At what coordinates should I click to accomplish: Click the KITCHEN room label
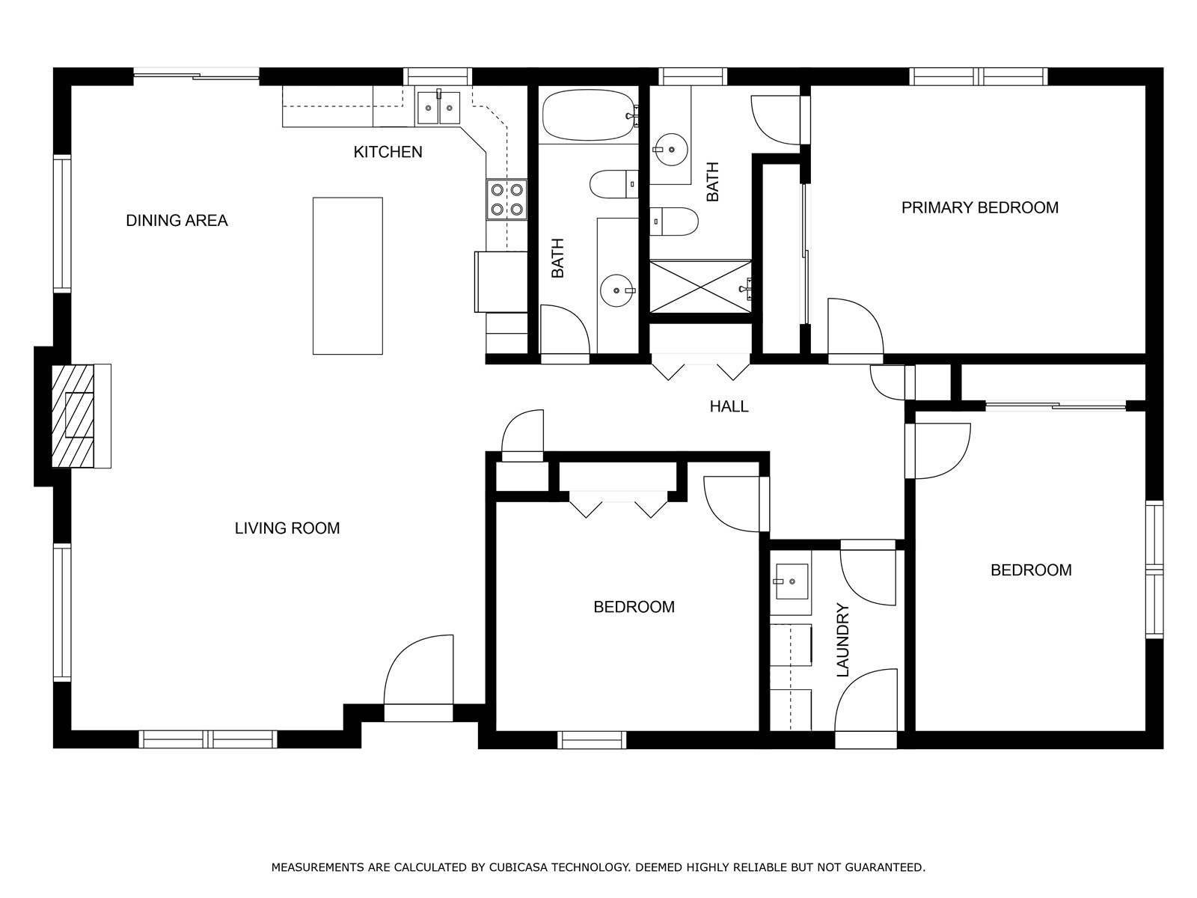(x=388, y=152)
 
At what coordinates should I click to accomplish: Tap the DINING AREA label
(x=177, y=221)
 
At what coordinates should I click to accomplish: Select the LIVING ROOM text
(x=287, y=528)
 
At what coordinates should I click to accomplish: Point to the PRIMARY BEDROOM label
(x=980, y=208)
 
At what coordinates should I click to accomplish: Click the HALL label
(x=729, y=407)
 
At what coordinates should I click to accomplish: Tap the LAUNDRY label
(x=843, y=640)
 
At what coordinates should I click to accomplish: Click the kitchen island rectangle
(x=348, y=276)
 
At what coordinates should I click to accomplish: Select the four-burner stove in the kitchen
(x=507, y=200)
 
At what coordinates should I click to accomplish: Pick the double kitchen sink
(x=438, y=108)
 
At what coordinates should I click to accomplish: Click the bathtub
(x=589, y=114)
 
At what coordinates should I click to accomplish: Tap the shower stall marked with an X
(x=700, y=287)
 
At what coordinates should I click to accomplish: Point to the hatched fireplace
(x=73, y=416)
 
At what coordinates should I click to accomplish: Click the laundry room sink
(x=792, y=581)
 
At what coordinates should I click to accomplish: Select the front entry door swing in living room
(x=418, y=671)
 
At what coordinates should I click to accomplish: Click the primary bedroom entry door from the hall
(x=856, y=327)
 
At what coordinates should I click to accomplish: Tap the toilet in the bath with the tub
(x=614, y=184)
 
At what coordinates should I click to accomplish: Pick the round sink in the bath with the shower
(x=671, y=149)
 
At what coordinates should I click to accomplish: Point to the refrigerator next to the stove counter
(x=500, y=282)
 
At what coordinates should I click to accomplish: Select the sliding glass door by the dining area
(x=196, y=76)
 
